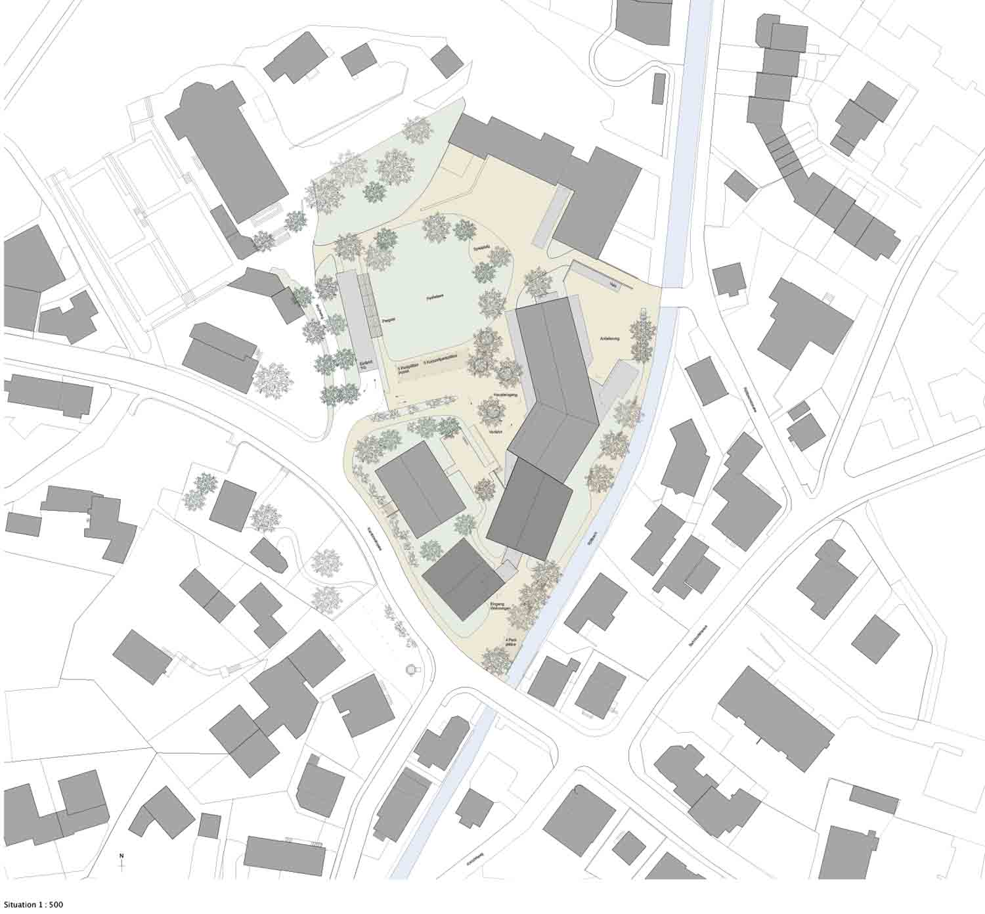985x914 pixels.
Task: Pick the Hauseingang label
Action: pyautogui.click(x=506, y=395)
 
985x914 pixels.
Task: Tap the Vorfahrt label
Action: pyautogui.click(x=496, y=431)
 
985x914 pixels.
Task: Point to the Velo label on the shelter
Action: pyautogui.click(x=612, y=285)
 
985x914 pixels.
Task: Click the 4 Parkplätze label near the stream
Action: pyautogui.click(x=510, y=642)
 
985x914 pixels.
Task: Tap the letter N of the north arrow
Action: pyautogui.click(x=121, y=856)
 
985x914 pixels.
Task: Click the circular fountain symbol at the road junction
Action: pyautogui.click(x=412, y=669)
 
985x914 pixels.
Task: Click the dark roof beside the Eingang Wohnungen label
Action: pyautogui.click(x=463, y=580)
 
